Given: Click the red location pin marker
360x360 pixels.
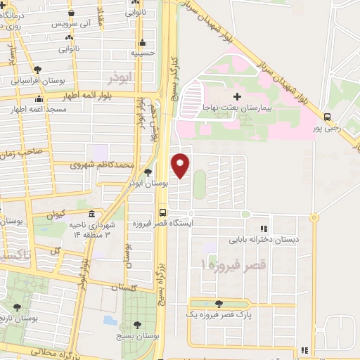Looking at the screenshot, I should (181, 165).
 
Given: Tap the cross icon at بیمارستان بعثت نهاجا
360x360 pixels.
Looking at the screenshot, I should (237, 96).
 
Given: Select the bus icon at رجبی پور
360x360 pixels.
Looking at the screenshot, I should (327, 117).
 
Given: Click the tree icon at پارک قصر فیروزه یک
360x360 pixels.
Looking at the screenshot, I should (219, 304).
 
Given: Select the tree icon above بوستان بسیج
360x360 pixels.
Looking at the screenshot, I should (137, 325).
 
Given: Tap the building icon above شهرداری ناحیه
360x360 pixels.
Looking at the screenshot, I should (91, 214).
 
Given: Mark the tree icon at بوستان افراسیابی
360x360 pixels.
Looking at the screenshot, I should (37, 70).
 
